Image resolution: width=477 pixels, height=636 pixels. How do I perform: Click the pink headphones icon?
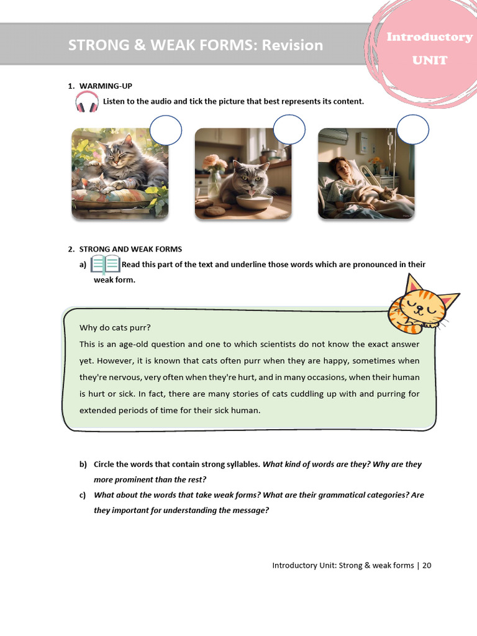tap(87, 101)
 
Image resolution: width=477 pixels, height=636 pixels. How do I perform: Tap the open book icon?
tap(105, 265)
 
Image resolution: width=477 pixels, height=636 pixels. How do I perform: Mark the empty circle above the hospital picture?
tap(412, 130)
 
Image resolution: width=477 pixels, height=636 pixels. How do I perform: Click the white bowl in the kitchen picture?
tap(255, 202)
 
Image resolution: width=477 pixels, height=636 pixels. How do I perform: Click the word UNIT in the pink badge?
tap(430, 60)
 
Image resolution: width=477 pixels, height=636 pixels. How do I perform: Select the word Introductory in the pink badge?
tap(429, 37)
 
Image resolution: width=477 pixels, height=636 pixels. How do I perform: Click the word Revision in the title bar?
tap(292, 45)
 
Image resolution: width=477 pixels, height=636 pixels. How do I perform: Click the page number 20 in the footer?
tap(427, 565)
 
